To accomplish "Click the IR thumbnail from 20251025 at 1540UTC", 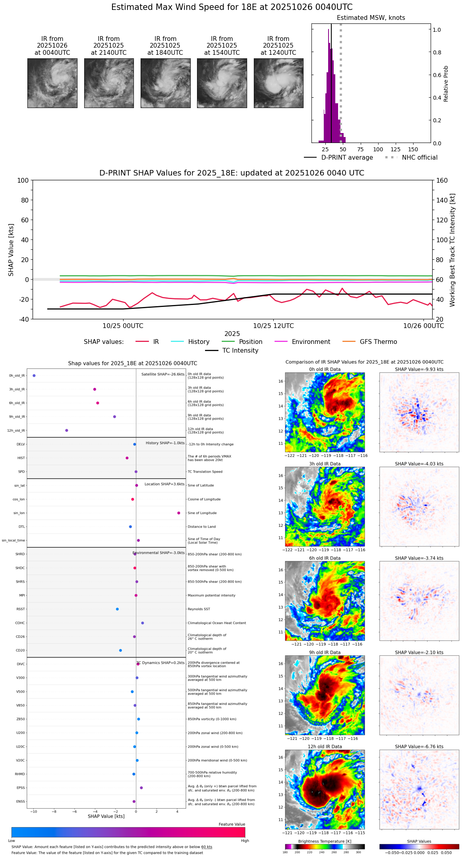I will tap(222, 83).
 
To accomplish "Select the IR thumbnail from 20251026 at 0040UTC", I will tap(52, 83).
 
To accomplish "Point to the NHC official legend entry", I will tap(411, 158).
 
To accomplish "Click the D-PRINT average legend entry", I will tap(338, 158).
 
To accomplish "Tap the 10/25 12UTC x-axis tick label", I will tap(273, 326).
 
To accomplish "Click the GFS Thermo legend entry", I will tap(369, 342).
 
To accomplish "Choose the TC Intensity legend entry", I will tap(232, 351).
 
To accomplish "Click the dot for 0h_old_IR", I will tap(34, 376).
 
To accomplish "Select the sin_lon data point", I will tap(179, 513).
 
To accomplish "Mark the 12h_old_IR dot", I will tap(67, 430).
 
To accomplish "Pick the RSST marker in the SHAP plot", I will tap(117, 609).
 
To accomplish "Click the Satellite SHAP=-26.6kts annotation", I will tap(163, 374).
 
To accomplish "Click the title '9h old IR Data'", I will tap(325, 652).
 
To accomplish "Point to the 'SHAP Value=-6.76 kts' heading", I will tap(419, 747).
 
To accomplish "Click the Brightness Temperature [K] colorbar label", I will tap(325, 842).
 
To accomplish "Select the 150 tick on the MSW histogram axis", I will tap(413, 150).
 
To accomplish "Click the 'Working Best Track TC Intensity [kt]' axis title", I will tap(452, 250).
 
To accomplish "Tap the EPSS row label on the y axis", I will tap(20, 788).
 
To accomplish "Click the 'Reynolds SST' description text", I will tap(199, 609).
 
